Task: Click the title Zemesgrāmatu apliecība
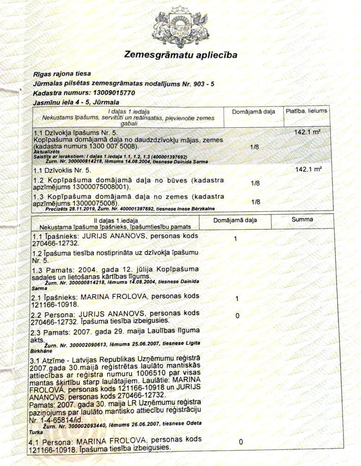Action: point(181,55)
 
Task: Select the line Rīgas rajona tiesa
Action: point(62,74)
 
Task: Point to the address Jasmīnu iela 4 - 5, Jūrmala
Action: point(70,101)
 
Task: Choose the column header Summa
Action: point(302,220)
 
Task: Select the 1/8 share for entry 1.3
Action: point(254,202)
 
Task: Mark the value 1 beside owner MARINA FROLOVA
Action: point(237,299)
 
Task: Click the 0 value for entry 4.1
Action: point(241,442)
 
